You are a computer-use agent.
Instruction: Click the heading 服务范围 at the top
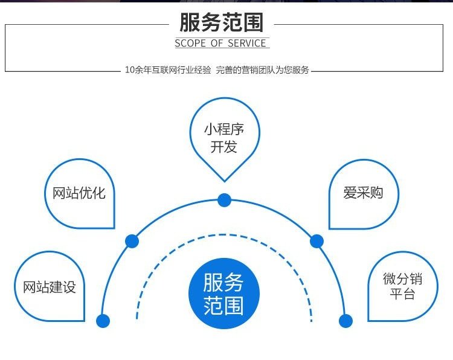tap(222, 22)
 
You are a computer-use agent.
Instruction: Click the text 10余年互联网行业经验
tap(168, 70)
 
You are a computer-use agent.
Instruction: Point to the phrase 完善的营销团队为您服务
tap(262, 70)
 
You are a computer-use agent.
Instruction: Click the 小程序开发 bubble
tap(224, 138)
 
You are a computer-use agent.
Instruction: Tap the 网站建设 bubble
tap(50, 287)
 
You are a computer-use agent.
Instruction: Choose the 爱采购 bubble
tap(363, 193)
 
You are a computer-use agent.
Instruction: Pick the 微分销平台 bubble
tap(402, 287)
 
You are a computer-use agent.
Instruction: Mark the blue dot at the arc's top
tap(224, 199)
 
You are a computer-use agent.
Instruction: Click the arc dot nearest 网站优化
tap(132, 242)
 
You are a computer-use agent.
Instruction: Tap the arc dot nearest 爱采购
tap(316, 242)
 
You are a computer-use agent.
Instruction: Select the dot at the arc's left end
tap(103, 321)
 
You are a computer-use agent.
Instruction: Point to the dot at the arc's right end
tap(345, 321)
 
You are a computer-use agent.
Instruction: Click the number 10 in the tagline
tap(129, 70)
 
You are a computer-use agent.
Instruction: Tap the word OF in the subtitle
tap(217, 43)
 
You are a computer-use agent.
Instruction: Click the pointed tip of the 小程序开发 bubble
tap(224, 180)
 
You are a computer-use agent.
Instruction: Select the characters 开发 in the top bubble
tap(224, 147)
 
